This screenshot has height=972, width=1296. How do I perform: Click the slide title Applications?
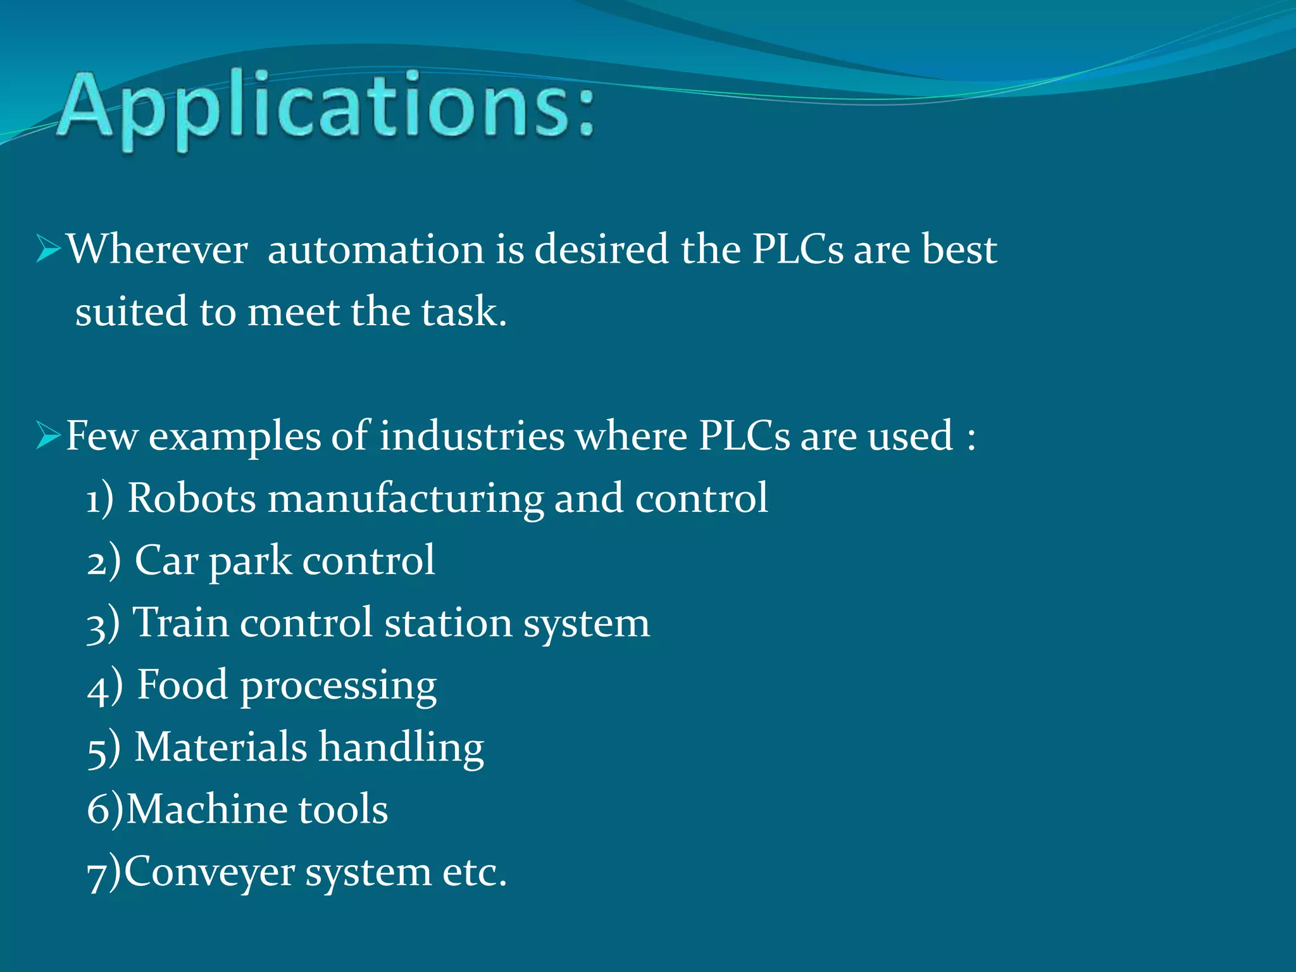coord(326,108)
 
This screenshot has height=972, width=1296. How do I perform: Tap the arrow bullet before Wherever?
coord(48,249)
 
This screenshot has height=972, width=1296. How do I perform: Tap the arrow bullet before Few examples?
coord(48,436)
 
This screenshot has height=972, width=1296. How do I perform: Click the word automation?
coord(376,249)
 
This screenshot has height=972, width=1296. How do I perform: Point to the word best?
coord(959,249)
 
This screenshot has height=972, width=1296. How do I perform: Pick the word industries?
coord(471,436)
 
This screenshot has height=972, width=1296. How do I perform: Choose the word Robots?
coord(192,498)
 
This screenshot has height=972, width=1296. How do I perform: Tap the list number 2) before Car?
coord(103,561)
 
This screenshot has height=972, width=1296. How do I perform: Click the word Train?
coord(180,623)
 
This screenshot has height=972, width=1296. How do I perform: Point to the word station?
coord(448,623)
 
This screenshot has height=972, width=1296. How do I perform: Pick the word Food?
coord(182,685)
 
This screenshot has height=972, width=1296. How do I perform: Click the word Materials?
coord(221,747)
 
